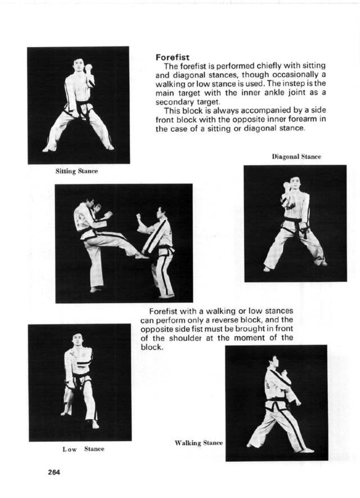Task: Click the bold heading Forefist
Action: pyautogui.click(x=172, y=58)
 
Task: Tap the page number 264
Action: pyautogui.click(x=54, y=473)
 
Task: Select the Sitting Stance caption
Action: pyautogui.click(x=77, y=171)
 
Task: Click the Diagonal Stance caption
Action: pyautogui.click(x=296, y=157)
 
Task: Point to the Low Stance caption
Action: pyautogui.click(x=83, y=449)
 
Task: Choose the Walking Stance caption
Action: pyautogui.click(x=198, y=443)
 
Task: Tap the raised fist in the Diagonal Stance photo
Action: pyautogui.click(x=286, y=186)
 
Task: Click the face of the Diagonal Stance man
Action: pyautogui.click(x=294, y=183)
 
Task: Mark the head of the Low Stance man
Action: pyautogui.click(x=77, y=339)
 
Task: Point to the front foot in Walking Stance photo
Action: pyautogui.click(x=306, y=450)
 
